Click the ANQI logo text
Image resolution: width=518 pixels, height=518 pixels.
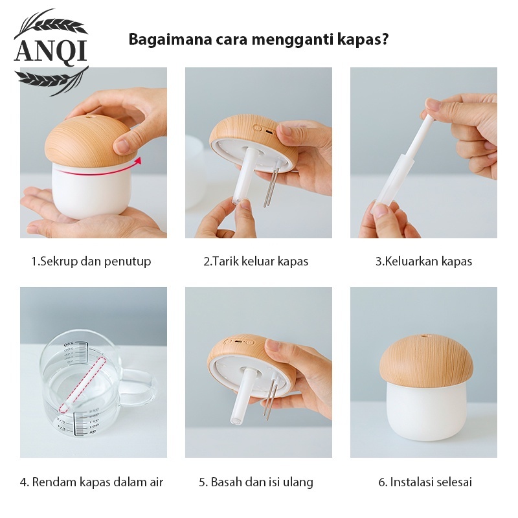coord(51,51)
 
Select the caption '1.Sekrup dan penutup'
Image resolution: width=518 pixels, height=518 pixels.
coord(91,262)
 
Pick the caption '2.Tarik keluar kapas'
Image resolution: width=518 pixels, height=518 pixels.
coord(256,262)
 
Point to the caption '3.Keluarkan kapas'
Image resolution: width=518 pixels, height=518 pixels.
coord(424,262)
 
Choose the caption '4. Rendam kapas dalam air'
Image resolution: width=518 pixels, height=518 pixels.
coord(91,482)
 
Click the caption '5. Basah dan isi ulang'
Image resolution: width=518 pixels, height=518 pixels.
coord(256,482)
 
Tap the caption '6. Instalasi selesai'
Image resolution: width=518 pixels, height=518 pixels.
coord(425,482)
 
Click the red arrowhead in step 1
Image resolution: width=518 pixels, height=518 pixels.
coord(139,160)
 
